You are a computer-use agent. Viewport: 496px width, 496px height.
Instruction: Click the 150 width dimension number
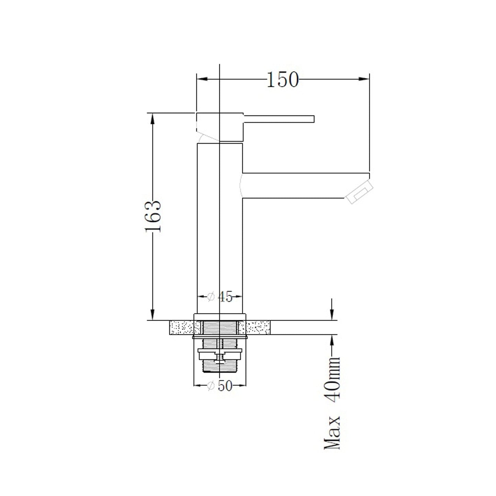(282, 79)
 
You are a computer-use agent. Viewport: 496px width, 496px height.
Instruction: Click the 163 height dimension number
(153, 217)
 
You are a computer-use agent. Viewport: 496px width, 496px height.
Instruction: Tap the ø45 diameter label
(220, 297)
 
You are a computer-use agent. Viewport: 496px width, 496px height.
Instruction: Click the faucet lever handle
(279, 119)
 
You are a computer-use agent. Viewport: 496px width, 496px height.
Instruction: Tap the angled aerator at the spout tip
(359, 192)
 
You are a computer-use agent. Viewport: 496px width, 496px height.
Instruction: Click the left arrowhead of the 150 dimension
(202, 79)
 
